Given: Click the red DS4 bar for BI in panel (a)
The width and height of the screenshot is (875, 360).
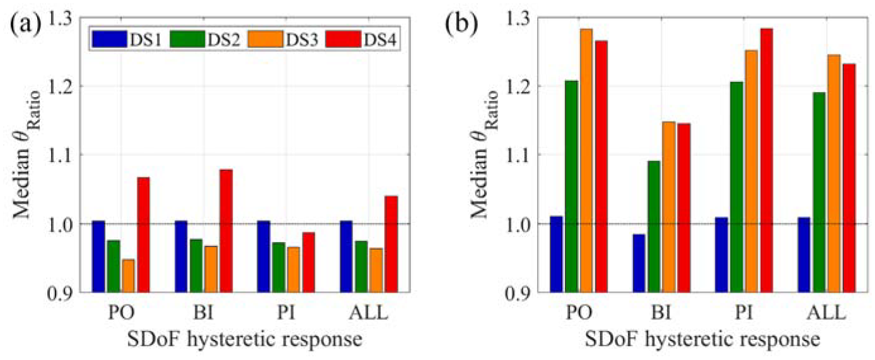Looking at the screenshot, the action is point(226,231).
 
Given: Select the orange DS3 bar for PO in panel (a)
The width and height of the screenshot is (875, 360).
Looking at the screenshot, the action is point(128,276).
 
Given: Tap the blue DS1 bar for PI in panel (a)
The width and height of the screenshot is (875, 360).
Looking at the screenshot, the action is point(264,257).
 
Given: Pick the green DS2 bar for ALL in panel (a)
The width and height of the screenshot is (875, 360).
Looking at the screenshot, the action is point(361,267).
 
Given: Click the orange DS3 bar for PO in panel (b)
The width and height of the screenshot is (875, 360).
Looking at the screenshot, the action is point(586,161).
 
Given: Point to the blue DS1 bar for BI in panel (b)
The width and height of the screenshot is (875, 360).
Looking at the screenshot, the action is point(639,263).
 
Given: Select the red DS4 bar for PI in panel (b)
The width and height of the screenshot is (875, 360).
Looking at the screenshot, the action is point(766,160).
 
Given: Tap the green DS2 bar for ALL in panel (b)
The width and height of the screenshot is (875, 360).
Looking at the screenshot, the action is point(819,192).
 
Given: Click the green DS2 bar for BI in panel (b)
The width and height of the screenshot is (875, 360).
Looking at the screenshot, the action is point(654,227).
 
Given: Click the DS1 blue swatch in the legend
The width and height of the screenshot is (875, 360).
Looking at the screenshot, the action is point(110,39).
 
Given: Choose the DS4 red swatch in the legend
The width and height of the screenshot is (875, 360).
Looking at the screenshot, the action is point(344,39).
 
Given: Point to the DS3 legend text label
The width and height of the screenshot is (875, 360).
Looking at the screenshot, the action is point(302,40).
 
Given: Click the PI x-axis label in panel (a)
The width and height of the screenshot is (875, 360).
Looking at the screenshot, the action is point(286,313).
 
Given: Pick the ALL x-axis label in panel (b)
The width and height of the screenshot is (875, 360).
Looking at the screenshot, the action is point(827,313).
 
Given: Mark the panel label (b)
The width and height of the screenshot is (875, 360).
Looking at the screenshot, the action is point(461,24).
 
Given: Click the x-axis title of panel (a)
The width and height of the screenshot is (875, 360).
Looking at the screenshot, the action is point(245,339).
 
